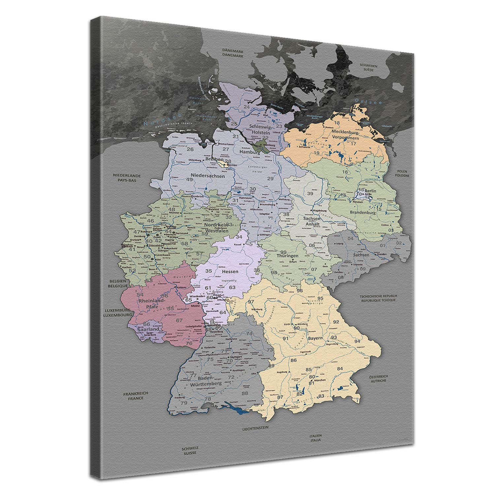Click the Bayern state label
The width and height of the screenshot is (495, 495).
tap(315, 338)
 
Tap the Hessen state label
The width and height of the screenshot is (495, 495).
tap(230, 271)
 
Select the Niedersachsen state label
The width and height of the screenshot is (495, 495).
tap(208, 176)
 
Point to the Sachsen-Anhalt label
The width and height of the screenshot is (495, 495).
tap(311, 221)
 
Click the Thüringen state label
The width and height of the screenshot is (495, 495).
tap(287, 256)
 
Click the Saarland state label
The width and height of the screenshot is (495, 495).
tap(148, 329)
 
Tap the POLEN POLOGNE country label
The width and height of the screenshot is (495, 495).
tap(403, 174)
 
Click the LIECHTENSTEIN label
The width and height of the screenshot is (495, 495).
tap(255, 427)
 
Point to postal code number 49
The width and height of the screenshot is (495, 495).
tap(189, 180)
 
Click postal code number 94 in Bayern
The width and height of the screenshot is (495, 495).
tap(357, 341)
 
